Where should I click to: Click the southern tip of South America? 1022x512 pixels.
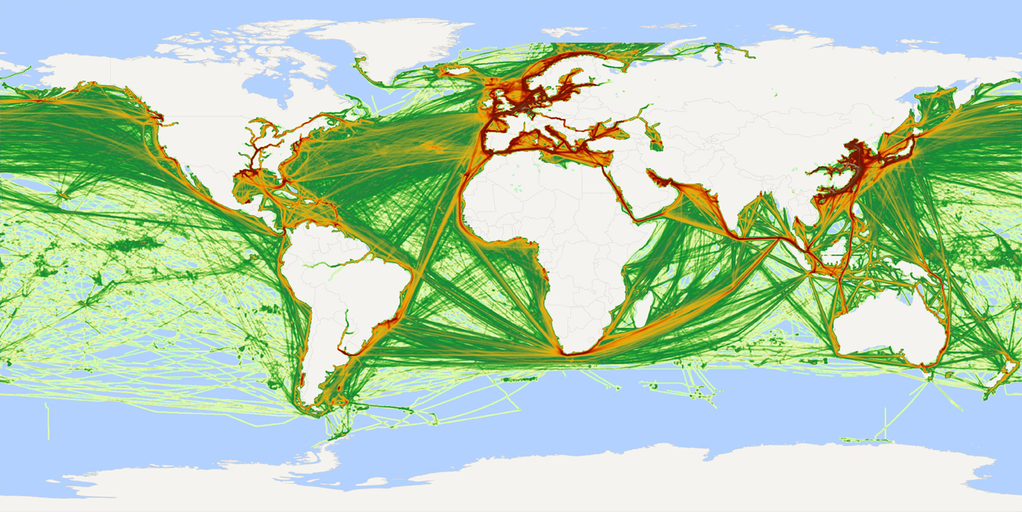tap(315, 413)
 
